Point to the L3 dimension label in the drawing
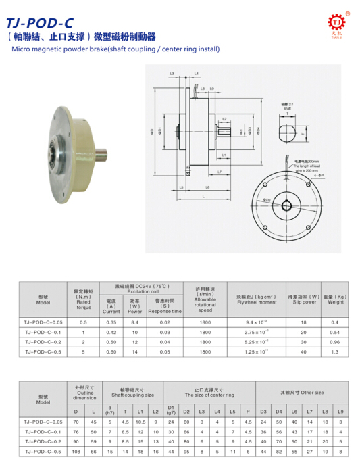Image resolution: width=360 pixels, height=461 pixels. point(172,72)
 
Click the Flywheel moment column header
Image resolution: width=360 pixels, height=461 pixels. point(257,297)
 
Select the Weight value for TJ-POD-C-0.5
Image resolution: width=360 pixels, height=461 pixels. point(334,351)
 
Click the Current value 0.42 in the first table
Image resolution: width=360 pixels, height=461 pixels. point(111,332)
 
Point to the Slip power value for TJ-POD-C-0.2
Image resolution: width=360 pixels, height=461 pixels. point(303,342)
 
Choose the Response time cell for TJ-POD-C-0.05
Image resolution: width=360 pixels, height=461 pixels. point(165,322)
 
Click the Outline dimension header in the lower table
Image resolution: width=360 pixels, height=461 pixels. point(85,393)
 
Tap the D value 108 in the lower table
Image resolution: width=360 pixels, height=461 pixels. point(76,450)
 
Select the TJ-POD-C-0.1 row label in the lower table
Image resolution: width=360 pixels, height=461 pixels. point(43,431)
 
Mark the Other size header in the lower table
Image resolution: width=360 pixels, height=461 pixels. point(302,392)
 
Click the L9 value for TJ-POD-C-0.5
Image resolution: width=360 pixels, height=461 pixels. point(340,450)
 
